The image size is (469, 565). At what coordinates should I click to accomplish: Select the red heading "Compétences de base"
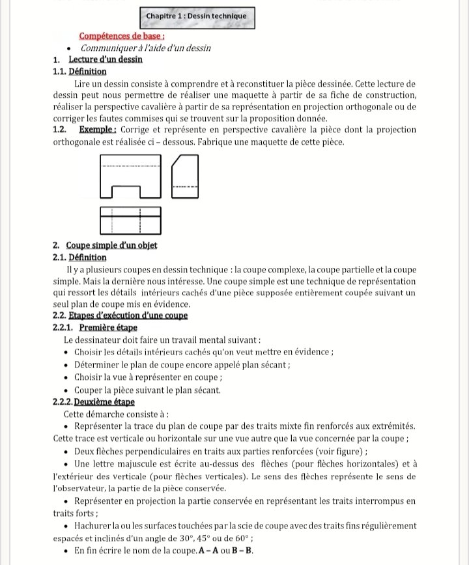[x=121, y=37]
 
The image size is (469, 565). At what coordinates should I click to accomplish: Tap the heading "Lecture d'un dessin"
[x=105, y=60]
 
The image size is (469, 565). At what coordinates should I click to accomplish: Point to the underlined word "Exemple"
[x=99, y=130]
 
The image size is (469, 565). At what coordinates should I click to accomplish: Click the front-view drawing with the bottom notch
[x=130, y=177]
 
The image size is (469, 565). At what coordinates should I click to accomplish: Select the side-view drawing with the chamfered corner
[x=184, y=177]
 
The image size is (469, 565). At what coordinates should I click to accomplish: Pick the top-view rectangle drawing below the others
[x=130, y=221]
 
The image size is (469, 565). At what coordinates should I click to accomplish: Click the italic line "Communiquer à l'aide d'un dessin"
[x=146, y=48]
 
